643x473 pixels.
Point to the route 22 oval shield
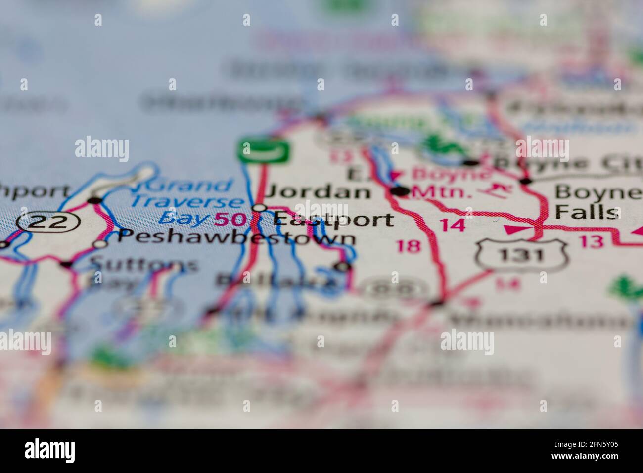(47, 222)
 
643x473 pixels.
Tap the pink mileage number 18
(409, 245)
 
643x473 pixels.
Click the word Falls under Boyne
(587, 212)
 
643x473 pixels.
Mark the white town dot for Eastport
(260, 208)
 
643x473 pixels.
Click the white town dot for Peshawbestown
(101, 243)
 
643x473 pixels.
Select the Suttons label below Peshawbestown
(144, 265)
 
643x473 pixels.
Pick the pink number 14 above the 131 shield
(453, 225)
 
